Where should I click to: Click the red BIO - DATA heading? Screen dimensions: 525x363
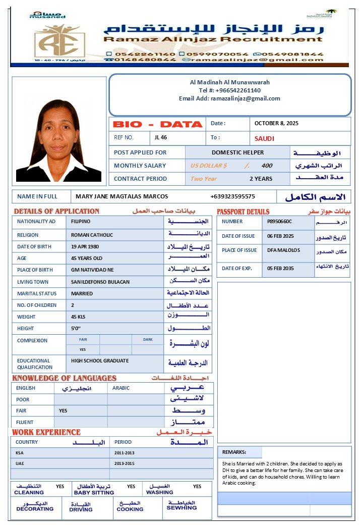157,124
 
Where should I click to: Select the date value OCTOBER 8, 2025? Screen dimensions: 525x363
276,123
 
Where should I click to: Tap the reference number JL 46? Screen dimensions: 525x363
161,137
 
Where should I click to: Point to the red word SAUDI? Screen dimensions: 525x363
265,138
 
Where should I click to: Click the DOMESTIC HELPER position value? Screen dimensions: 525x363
237,152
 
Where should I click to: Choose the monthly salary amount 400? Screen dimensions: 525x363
267,166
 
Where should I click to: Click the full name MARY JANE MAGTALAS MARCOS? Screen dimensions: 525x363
122,196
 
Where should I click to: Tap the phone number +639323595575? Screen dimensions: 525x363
232,196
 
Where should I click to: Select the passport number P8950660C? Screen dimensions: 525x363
279,222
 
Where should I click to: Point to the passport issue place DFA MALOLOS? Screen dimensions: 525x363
283,250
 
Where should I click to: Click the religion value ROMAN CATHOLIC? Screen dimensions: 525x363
92,235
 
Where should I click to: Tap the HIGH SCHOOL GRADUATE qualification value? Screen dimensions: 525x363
100,361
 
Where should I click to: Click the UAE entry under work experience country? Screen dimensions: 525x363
20,463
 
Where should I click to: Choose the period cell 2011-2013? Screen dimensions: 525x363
125,453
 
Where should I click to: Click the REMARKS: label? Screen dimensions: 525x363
234,452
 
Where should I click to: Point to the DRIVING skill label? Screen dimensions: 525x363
81,509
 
